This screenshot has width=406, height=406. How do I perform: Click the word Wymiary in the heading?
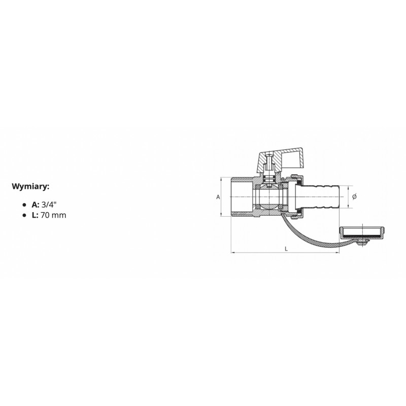click(29, 186)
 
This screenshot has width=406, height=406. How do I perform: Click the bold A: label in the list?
click(35, 205)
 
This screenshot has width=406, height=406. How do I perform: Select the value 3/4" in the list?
click(49, 205)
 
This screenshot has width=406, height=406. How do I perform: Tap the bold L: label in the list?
click(35, 215)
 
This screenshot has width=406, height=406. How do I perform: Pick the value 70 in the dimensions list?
click(45, 215)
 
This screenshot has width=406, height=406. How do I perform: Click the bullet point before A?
click(24, 205)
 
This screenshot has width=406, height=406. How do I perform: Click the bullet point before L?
click(24, 215)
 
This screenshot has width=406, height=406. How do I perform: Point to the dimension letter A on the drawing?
click(218, 197)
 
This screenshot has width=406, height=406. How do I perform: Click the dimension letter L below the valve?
click(286, 249)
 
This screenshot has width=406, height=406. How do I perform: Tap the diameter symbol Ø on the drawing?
click(354, 196)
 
